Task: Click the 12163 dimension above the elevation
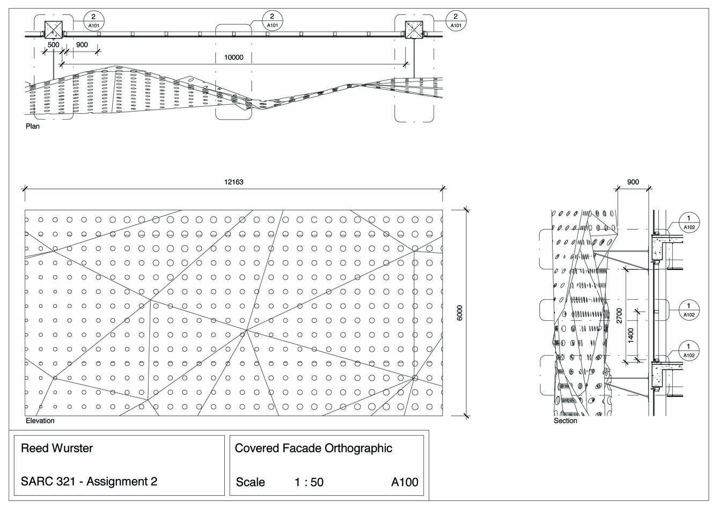pos(233,182)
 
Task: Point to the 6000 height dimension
pos(459,313)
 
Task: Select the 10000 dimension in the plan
pos(233,57)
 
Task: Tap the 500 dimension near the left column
pos(54,45)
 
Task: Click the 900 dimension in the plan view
pos(82,45)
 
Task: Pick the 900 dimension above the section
pos(633,182)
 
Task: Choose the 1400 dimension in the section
pos(631,335)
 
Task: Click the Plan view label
pos(33,127)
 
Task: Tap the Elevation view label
pos(40,421)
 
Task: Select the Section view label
pos(566,421)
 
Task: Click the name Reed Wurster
pos(57,448)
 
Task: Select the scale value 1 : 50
pos(309,482)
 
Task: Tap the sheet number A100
pos(405,482)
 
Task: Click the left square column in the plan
pos(53,30)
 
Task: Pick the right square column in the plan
pos(414,30)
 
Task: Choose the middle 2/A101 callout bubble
pos(272,20)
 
